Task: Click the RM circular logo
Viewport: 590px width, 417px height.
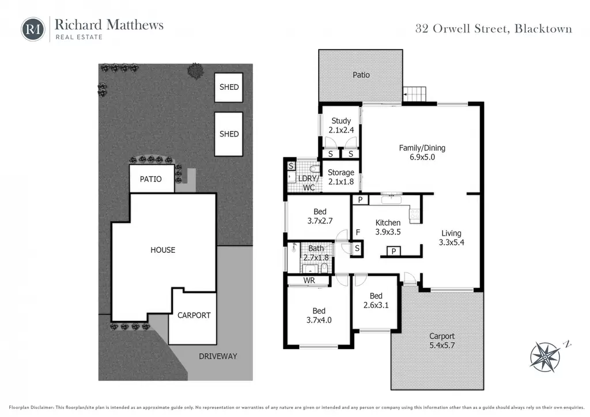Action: [x=33, y=29]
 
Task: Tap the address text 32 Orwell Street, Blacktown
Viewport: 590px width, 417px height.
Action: [x=493, y=29]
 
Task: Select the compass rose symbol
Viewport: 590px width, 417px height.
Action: [x=546, y=357]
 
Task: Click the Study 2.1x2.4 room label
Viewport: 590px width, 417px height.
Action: [x=341, y=125]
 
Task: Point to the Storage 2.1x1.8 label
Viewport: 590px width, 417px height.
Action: [x=341, y=177]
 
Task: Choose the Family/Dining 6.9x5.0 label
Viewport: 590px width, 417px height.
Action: [x=422, y=152]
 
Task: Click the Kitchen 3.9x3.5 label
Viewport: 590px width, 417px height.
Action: [x=388, y=227]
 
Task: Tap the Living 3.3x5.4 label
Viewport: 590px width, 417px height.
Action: [x=452, y=238]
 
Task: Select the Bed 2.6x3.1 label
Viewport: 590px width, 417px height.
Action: [x=376, y=301]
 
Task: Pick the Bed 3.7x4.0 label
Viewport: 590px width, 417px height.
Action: [x=319, y=316]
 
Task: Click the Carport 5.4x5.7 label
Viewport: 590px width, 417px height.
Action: [x=442, y=340]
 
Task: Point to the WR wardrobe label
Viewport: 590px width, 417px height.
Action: [x=309, y=280]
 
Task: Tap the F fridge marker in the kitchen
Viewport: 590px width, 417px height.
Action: [x=358, y=232]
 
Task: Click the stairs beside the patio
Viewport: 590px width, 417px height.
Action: [x=415, y=94]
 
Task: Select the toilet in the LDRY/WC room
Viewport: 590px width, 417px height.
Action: [x=314, y=169]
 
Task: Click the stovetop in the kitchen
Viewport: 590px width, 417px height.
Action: [x=415, y=215]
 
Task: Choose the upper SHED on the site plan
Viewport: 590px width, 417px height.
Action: [x=229, y=87]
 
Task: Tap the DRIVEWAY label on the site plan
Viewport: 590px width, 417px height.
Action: [x=218, y=356]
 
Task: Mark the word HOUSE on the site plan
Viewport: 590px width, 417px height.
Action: [x=163, y=250]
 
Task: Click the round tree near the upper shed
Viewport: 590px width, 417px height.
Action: [x=196, y=71]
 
